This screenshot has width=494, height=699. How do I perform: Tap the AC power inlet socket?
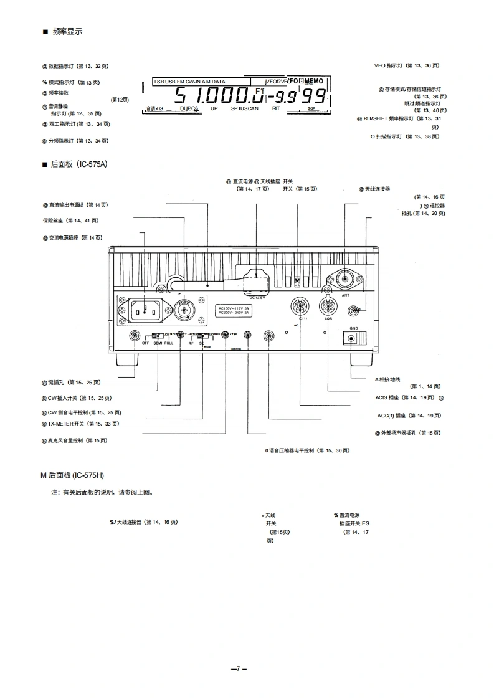(145, 309)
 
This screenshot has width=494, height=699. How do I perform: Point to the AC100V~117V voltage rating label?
(234, 308)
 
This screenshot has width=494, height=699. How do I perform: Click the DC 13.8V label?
(257, 297)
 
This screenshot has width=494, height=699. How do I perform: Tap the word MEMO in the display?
(313, 82)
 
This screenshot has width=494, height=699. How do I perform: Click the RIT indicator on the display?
(276, 108)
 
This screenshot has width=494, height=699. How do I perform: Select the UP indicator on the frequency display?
(214, 108)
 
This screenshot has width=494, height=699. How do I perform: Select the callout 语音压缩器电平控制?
(306, 450)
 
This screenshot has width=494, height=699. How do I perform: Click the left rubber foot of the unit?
(126, 361)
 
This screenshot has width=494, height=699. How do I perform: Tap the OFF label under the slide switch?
(145, 343)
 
